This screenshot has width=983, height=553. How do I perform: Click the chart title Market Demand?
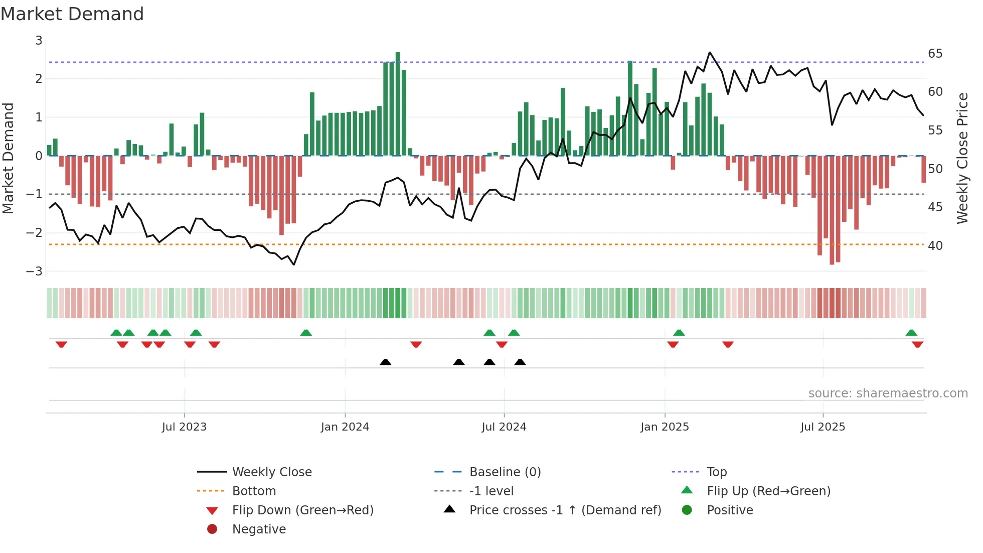tap(72, 14)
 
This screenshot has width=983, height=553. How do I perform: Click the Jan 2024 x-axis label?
tap(345, 427)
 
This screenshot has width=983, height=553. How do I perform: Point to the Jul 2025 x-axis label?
tap(823, 427)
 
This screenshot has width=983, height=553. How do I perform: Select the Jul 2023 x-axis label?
tap(184, 427)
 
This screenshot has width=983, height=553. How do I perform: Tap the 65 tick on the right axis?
tap(935, 54)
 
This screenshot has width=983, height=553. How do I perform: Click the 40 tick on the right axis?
tap(935, 246)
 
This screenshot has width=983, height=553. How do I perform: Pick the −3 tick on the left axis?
tap(35, 271)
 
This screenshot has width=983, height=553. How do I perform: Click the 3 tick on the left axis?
tap(39, 41)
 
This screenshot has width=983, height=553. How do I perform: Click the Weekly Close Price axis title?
tap(962, 158)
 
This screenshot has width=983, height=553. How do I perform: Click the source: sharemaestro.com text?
tap(888, 393)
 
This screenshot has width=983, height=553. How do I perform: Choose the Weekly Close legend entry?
tap(271, 472)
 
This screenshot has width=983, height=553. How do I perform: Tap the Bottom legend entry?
tap(254, 491)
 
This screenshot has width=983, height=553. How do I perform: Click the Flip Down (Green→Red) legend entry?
tap(302, 510)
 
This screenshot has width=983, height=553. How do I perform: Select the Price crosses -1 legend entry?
tap(565, 510)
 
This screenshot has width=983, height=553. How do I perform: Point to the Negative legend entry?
tap(259, 529)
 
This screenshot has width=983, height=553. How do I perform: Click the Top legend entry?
tap(717, 472)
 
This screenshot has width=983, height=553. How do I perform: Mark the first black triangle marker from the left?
tap(385, 362)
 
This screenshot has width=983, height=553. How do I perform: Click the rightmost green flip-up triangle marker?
tap(911, 333)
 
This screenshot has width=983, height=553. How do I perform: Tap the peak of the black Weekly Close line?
tap(710, 52)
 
